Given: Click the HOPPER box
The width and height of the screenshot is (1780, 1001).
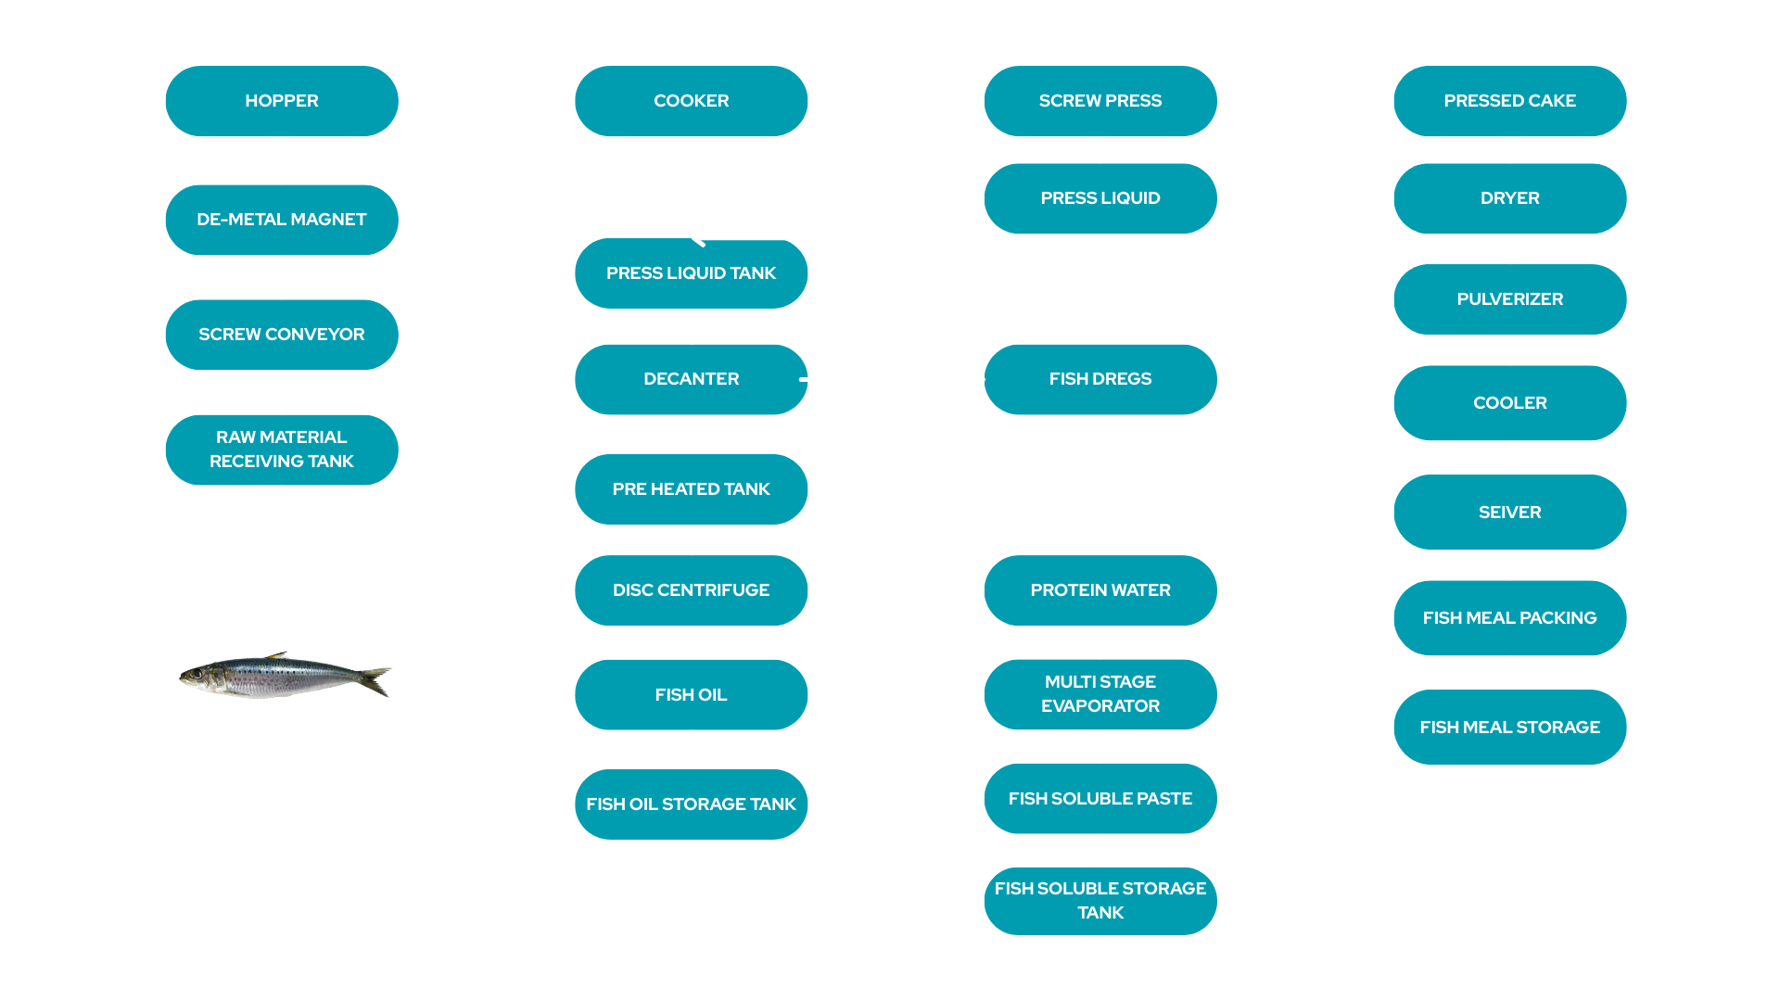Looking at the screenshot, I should pyautogui.click(x=281, y=101).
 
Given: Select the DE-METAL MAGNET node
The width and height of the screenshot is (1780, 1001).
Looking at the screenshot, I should pyautogui.click(x=281, y=220).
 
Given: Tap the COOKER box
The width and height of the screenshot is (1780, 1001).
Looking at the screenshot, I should pyautogui.click(x=691, y=101).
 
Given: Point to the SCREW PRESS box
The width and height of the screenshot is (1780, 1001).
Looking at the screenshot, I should pyautogui.click(x=1100, y=101).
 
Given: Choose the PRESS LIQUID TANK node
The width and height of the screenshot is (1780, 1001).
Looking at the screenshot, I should pyautogui.click(x=691, y=273).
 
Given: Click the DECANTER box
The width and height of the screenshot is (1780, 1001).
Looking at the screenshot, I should pyautogui.click(x=691, y=379).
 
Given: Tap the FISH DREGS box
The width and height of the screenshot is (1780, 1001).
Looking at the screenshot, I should pyautogui.click(x=1100, y=379).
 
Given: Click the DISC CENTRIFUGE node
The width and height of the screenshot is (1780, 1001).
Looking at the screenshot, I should pyautogui.click(x=691, y=590).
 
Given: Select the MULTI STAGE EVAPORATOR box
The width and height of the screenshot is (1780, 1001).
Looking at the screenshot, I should pyautogui.click(x=1100, y=694).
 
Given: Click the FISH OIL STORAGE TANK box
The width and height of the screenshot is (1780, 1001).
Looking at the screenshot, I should pyautogui.click(x=691, y=805).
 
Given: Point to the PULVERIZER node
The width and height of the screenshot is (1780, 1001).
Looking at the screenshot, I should pyautogui.click(x=1509, y=299).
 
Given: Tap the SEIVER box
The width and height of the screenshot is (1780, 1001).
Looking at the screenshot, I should pyautogui.click(x=1509, y=513).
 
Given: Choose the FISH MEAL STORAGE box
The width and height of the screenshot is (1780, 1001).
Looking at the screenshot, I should pyautogui.click(x=1509, y=728).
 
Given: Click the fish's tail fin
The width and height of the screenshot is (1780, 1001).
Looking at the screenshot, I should pyautogui.click(x=378, y=680).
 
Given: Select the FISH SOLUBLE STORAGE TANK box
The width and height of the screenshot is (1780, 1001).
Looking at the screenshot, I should pyautogui.click(x=1100, y=901).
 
